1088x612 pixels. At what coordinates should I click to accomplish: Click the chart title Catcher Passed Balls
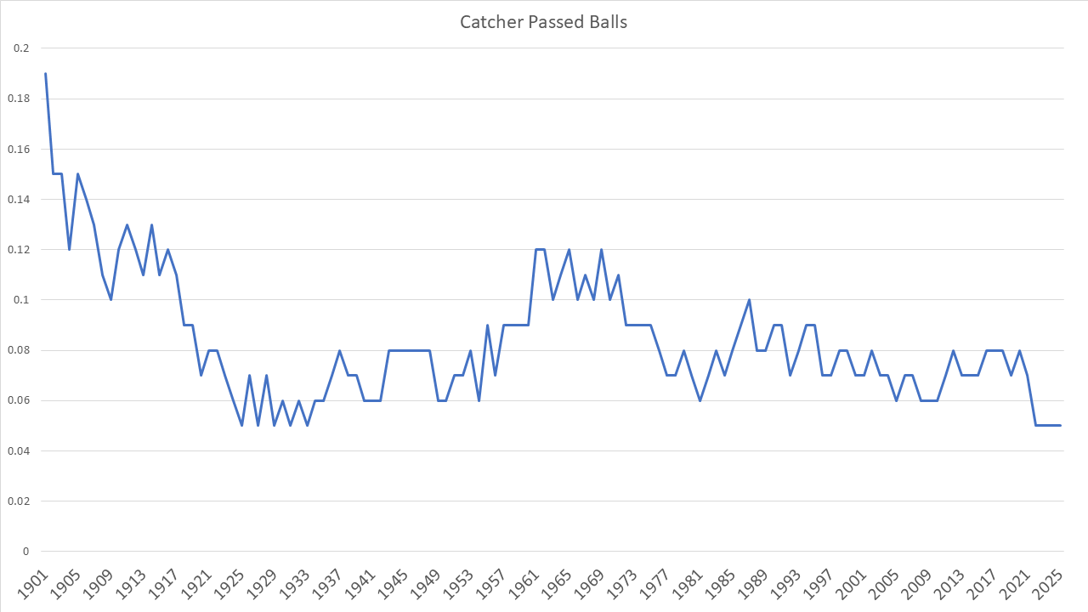[x=543, y=22]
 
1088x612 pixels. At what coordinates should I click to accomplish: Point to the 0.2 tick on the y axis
[x=21, y=48]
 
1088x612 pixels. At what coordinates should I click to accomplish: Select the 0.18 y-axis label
[x=19, y=99]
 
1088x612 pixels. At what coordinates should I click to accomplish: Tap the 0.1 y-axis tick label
[x=21, y=300]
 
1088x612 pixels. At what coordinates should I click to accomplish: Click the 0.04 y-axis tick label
[x=19, y=450]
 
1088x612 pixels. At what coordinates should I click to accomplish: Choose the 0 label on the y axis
[x=25, y=552]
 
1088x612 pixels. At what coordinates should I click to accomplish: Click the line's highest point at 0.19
[x=45, y=73]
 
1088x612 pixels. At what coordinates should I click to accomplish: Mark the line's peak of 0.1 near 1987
[x=749, y=300]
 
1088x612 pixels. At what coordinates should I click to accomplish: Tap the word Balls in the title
[x=609, y=22]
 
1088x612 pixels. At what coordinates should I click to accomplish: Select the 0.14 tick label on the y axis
[x=19, y=200]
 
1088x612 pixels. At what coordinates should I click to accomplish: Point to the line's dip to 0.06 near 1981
[x=700, y=400]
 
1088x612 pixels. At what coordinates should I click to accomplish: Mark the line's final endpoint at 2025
[x=1060, y=425]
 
